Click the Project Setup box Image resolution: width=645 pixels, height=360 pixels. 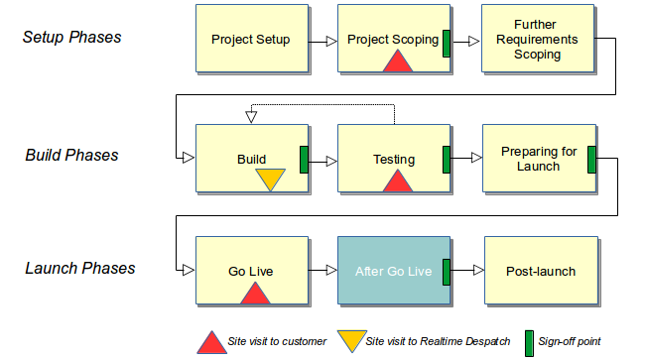pos(251,40)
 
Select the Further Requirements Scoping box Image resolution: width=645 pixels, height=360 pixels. pos(537,40)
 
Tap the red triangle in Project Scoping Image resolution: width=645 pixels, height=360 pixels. pos(397,61)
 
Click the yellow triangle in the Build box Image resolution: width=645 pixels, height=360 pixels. pos(270,179)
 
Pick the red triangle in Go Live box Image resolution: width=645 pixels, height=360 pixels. pos(255,293)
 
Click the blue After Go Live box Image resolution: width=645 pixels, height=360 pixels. pos(394,271)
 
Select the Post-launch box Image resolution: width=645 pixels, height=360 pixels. pos(541,271)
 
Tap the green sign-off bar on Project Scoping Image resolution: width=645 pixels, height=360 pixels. pos(447,42)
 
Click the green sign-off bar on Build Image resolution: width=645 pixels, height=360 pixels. pos(305,159)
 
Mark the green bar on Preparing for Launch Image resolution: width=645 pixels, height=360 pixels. pos(591,159)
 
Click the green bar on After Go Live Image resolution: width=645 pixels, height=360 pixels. pos(447,271)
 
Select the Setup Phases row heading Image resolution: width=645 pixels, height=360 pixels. pos(72,38)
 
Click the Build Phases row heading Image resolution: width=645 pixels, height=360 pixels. pos(71,155)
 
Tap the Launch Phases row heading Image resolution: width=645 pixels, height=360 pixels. pos(78,268)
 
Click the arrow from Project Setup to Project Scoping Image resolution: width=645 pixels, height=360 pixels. pos(322,42)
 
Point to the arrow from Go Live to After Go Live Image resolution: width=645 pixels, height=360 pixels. pos(322,271)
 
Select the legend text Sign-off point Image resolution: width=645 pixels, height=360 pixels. pos(570,341)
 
